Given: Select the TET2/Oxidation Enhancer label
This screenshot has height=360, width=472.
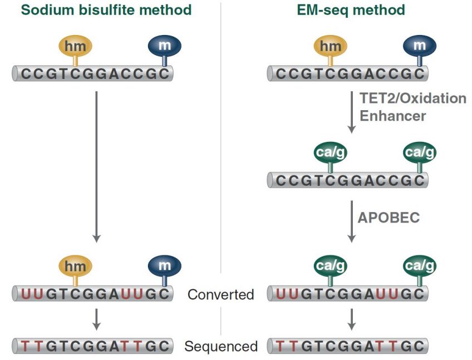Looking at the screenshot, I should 412,107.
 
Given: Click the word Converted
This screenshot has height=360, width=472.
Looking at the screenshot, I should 220,294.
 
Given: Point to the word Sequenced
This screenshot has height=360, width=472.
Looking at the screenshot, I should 221,346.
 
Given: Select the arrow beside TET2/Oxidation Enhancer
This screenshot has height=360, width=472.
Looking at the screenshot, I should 351,111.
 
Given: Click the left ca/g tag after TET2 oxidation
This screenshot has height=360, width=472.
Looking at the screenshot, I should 331,153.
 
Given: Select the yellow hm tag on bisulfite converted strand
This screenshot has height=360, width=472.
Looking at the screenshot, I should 75,266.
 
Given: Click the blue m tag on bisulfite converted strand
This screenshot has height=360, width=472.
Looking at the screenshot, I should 165,265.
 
